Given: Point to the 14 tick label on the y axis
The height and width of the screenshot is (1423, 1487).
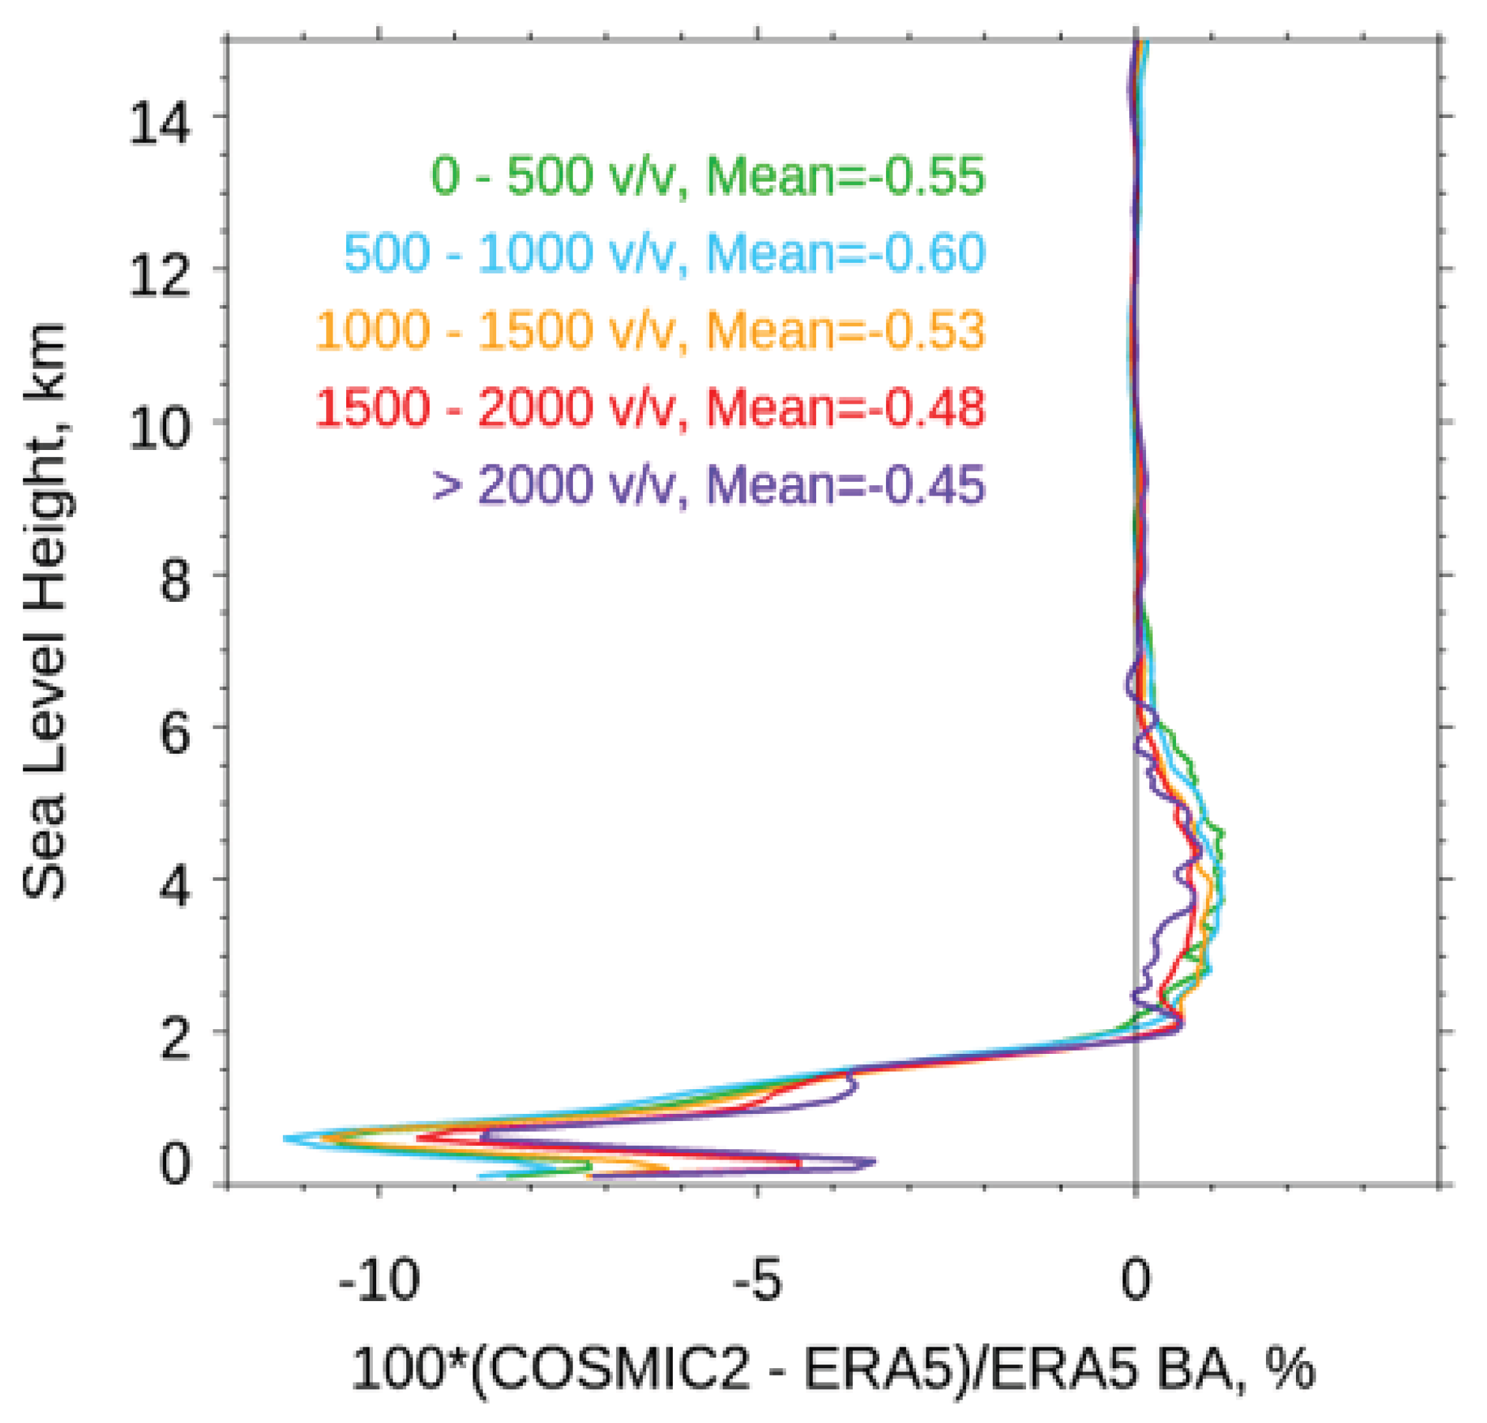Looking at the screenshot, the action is pos(158,124).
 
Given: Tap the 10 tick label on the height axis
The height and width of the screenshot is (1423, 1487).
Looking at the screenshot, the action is pos(158,430).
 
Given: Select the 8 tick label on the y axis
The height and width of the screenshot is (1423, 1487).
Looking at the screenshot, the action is pos(175,583).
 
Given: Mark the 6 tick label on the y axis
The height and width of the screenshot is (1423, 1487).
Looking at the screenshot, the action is pos(175,735).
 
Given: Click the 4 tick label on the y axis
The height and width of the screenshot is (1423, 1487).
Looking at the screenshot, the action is pos(175,888).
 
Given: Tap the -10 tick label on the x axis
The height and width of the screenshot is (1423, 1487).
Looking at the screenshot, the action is pos(378,1280).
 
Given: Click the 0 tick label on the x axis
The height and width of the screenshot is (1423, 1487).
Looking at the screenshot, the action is pos(1135,1280).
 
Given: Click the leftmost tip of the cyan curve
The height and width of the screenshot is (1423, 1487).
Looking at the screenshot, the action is pos(284,1138).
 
